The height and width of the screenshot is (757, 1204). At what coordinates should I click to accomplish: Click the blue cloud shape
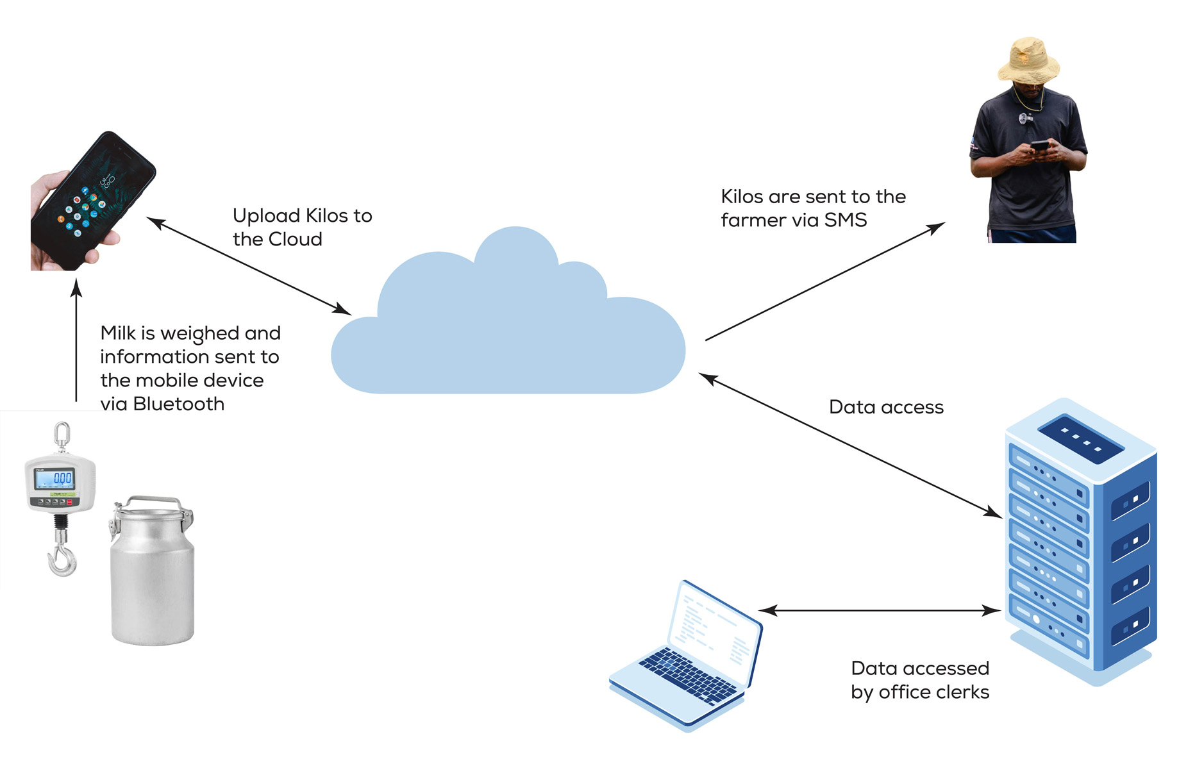coord(506,333)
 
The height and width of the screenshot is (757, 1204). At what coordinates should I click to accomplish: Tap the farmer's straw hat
coord(1028,62)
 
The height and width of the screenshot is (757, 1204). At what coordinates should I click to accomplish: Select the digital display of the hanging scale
coord(55,478)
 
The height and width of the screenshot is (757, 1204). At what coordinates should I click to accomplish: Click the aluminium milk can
coord(153,577)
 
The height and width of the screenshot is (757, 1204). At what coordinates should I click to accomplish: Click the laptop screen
coord(715,628)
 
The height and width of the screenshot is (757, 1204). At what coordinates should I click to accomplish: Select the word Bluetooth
coord(179,404)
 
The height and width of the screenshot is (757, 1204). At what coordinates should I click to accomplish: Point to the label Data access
coord(886,407)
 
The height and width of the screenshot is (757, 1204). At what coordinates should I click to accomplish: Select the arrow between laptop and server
coord(878,610)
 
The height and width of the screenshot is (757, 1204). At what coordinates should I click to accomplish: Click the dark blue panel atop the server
coord(1080,439)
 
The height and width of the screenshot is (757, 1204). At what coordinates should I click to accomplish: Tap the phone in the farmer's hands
coord(1039,147)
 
